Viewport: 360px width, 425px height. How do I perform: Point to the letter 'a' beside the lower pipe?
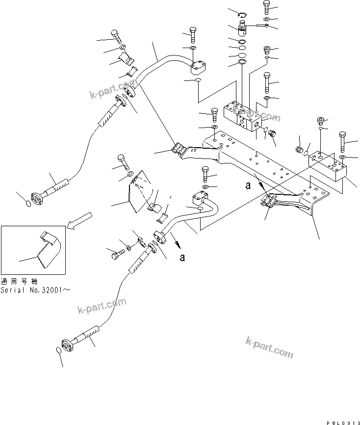182,258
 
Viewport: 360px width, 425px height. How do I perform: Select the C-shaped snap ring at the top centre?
241,14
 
